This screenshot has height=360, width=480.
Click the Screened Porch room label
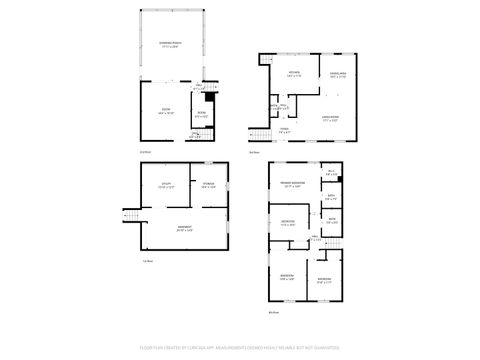pyautogui.click(x=170, y=44)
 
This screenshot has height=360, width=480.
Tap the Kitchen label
pyautogui.click(x=296, y=74)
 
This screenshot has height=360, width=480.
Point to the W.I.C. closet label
pyautogui.click(x=331, y=173)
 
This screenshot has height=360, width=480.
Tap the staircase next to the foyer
pyautogui.click(x=257, y=134)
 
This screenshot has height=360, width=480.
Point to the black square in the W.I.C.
pyautogui.click(x=341, y=179)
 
